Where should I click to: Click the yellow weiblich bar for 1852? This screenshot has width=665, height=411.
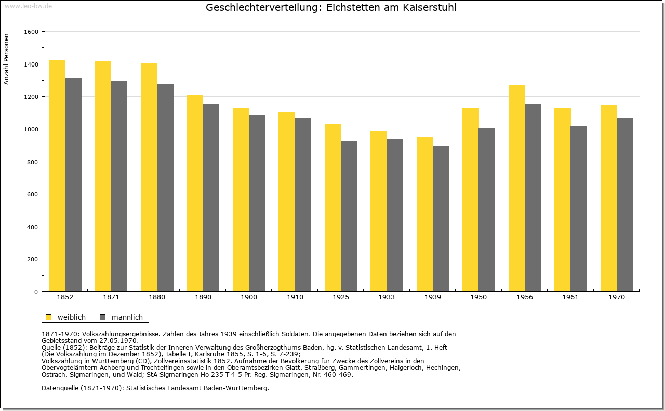tap(57, 176)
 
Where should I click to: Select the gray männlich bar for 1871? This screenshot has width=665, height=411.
tap(119, 186)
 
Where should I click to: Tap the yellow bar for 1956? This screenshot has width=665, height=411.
tap(517, 188)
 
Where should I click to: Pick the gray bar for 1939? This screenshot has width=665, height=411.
tap(441, 219)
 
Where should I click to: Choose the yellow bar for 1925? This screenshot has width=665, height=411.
tap(333, 208)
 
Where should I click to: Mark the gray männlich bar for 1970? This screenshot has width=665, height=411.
tap(625, 205)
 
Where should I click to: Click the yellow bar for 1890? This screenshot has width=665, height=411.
tap(195, 193)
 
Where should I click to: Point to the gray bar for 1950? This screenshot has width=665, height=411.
tap(487, 210)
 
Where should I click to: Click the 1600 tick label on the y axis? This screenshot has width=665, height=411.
tap(31, 32)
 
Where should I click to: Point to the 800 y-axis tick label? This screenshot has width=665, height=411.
tap(33, 162)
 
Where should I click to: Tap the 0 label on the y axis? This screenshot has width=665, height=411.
tap(36, 292)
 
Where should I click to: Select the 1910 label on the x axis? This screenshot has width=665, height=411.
tap(295, 297)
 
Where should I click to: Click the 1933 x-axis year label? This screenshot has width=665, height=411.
tap(387, 297)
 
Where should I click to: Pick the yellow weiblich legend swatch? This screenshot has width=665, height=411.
tap(49, 317)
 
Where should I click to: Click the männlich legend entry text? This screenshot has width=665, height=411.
tap(127, 317)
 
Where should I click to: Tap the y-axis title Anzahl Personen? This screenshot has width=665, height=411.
tap(6, 59)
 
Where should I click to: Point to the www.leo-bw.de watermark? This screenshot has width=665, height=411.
tap(29, 6)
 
